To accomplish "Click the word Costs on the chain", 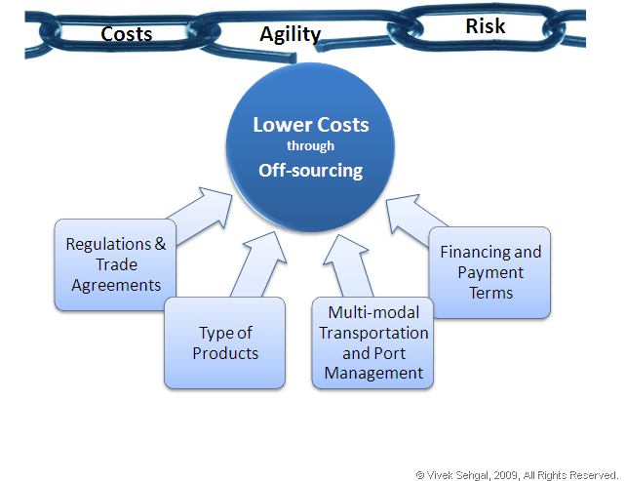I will (x=127, y=34).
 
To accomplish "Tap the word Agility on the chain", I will (x=290, y=34).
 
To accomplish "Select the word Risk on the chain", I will (x=485, y=25).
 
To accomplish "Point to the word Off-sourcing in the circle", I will (x=310, y=170).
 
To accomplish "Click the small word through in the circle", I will (x=310, y=146).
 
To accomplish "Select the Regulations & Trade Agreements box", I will (x=115, y=264).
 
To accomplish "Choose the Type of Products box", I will (x=224, y=342).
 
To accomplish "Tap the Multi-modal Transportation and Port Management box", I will (x=374, y=342).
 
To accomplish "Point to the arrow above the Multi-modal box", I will (x=341, y=266).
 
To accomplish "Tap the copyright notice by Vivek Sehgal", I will (x=517, y=474).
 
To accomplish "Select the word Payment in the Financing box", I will (x=490, y=272).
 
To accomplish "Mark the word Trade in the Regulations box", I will (x=115, y=264).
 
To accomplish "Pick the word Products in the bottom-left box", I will (x=224, y=353).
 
